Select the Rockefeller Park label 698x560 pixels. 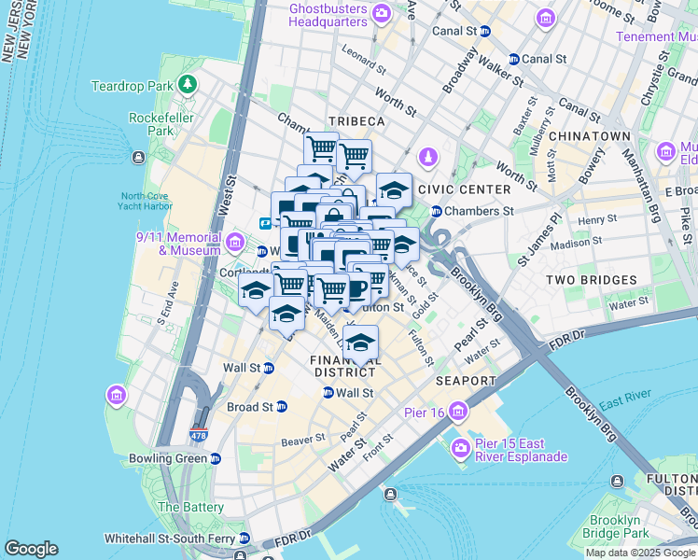(x=153, y=124)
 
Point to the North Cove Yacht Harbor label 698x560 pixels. (x=147, y=203)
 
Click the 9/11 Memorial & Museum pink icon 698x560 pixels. (x=235, y=244)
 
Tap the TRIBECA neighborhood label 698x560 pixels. (x=356, y=122)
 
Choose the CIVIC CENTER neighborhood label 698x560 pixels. (x=465, y=189)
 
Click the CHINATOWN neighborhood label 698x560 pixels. (x=590, y=136)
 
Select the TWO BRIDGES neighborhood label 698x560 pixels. (x=591, y=280)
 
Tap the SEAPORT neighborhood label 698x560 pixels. (x=466, y=381)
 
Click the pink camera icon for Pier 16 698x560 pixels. (x=458, y=411)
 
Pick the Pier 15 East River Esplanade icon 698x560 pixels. (x=460, y=450)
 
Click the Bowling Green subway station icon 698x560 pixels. (x=216, y=458)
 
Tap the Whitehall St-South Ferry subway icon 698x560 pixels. (x=244, y=539)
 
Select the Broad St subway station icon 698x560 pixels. (x=283, y=407)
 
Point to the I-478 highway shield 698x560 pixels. (x=198, y=435)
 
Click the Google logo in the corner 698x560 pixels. (x=31, y=549)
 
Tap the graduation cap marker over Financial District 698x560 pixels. (x=361, y=342)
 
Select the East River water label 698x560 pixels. (x=625, y=403)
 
